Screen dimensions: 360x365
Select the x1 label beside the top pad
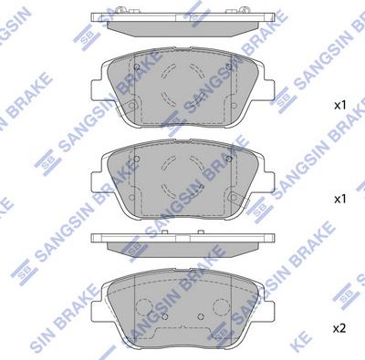coord(340,106)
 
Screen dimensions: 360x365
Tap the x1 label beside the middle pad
coord(340,198)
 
